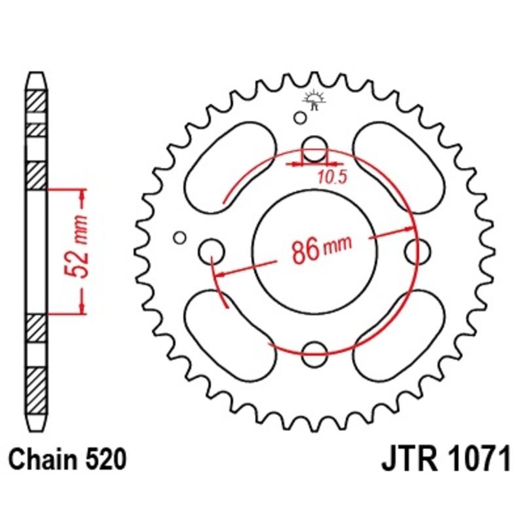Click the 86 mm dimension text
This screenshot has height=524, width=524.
click(318, 250)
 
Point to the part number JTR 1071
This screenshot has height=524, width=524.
click(445, 460)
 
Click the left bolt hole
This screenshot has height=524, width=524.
click(211, 250)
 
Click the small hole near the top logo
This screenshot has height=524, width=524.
click(299, 118)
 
